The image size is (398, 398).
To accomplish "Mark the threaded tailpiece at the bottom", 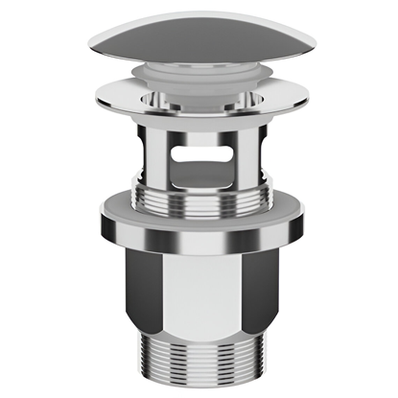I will point(199,360).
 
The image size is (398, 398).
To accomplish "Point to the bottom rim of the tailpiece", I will point(199,386).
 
